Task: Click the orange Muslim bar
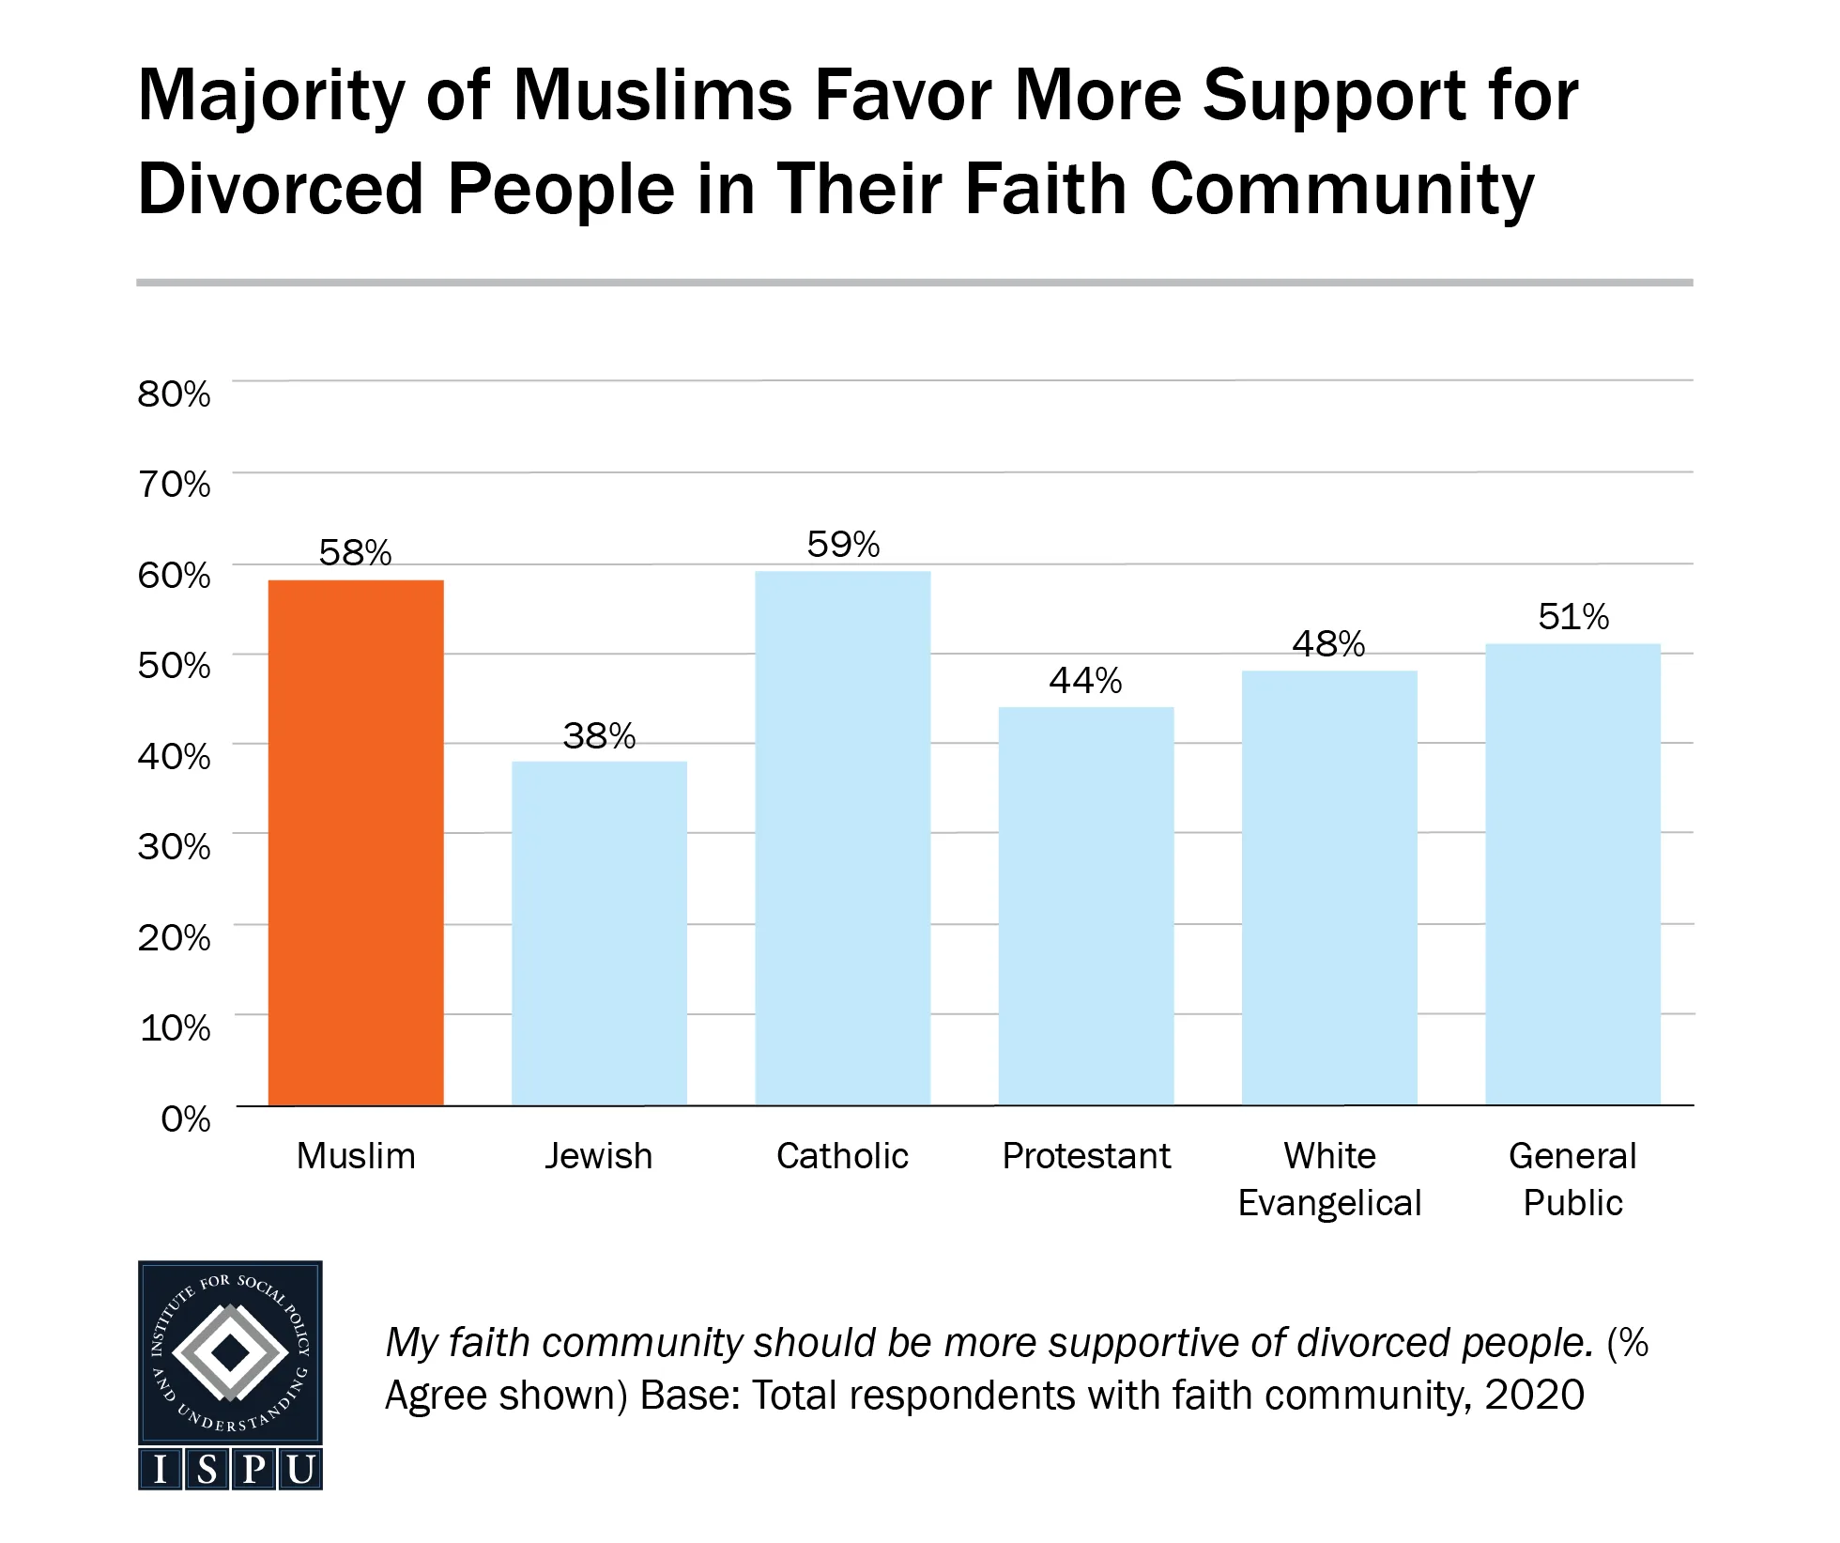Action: (x=356, y=842)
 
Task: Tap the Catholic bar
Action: (x=842, y=838)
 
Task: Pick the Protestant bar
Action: (x=1086, y=905)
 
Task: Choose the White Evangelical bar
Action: (x=1329, y=887)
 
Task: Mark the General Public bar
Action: (x=1572, y=873)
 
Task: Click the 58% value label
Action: (x=355, y=553)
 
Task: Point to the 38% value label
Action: (x=599, y=735)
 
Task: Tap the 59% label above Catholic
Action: (x=843, y=545)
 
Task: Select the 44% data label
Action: (x=1085, y=681)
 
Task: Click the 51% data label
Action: (x=1573, y=617)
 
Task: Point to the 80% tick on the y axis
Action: (x=175, y=393)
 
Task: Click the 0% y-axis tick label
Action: (x=186, y=1119)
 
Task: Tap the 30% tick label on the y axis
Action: (x=175, y=847)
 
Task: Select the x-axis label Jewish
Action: (x=599, y=1156)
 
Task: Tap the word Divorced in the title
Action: (x=281, y=190)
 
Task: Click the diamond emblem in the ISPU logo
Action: (x=230, y=1352)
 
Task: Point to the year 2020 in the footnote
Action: (x=1535, y=1396)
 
